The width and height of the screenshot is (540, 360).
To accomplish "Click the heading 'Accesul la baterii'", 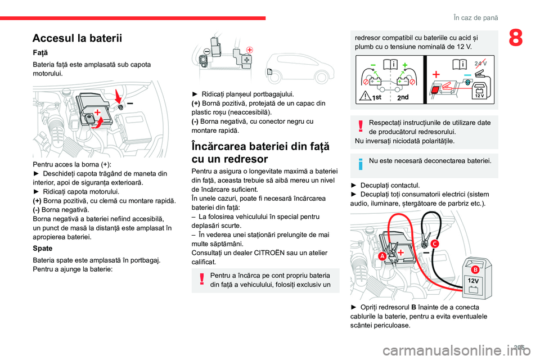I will [77, 38].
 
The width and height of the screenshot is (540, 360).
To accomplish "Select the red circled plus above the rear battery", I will [249, 49].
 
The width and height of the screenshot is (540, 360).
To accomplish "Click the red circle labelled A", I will [366, 256].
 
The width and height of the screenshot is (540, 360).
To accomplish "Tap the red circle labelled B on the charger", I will [474, 269].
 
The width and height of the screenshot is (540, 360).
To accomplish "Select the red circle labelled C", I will [435, 243].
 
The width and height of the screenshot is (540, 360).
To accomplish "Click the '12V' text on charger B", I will [473, 281].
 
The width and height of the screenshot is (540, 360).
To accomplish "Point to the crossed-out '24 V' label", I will [481, 62].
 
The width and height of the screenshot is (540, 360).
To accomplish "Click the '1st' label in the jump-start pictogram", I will [377, 97].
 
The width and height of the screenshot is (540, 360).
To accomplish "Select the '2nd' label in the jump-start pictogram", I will [403, 97].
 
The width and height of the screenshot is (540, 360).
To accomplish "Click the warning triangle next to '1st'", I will [366, 96].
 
